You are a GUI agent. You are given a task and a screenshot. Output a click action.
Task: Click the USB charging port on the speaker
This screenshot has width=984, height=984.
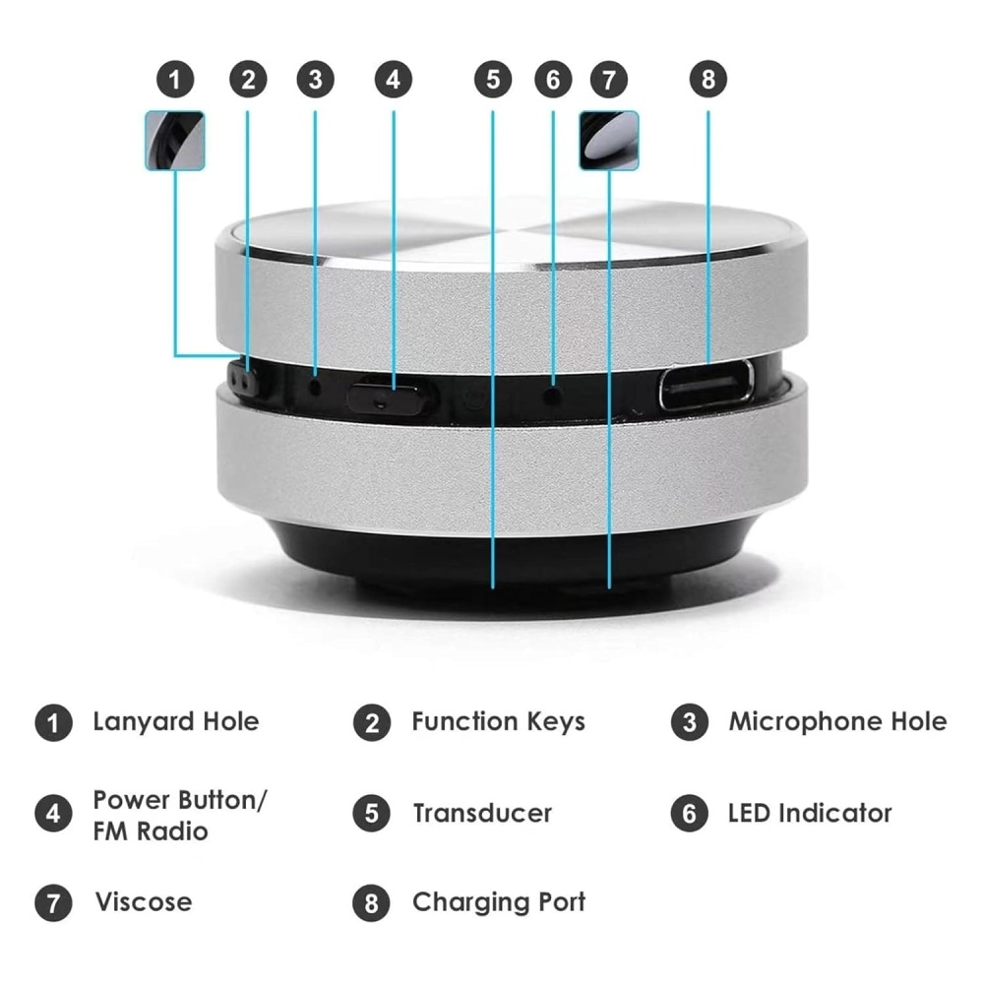click(x=706, y=385)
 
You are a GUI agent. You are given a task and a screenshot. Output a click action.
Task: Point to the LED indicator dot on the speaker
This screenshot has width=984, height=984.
click(x=552, y=396)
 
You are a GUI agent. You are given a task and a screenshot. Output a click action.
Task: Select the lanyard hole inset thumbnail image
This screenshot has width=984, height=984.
click(x=175, y=141)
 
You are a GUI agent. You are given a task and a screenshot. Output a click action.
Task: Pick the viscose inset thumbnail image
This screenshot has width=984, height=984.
click(x=609, y=141)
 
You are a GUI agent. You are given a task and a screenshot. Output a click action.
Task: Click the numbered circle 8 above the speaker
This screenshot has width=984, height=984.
click(x=707, y=80)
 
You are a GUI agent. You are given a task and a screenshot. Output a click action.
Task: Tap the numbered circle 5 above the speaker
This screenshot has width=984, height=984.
click(x=493, y=80)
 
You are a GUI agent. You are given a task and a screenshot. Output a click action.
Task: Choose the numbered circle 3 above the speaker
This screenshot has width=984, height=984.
click(x=315, y=80)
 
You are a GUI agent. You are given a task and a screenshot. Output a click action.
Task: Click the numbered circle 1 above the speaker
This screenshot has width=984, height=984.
click(x=175, y=80)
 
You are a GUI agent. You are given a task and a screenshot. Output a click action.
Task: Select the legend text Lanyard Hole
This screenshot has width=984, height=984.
click(x=176, y=722)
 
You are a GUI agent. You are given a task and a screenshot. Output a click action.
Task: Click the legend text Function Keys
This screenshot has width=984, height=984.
click(x=498, y=722)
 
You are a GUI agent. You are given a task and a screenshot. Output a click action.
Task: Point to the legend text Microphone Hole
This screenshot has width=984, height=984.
click(x=837, y=721)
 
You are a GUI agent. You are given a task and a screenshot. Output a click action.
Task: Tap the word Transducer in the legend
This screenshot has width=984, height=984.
click(x=482, y=814)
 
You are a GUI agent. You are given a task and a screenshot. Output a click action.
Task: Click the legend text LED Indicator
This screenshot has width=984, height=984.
click(x=810, y=814)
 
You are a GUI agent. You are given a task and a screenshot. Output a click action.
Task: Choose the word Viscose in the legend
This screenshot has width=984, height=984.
click(x=144, y=902)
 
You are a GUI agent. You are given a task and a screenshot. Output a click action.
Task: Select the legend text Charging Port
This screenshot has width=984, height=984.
click(x=499, y=903)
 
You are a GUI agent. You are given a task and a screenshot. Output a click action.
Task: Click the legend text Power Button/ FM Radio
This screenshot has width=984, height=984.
click(x=180, y=815)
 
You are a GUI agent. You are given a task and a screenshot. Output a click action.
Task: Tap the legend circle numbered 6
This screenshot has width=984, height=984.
click(x=689, y=814)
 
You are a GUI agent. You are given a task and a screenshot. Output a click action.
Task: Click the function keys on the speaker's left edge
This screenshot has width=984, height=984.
click(x=244, y=378)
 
